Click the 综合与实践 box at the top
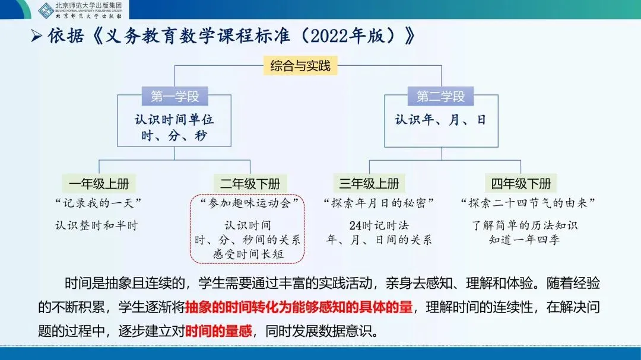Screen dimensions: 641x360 pos(300,66)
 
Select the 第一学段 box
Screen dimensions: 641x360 pos(174,96)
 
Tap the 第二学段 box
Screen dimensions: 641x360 pos(440,96)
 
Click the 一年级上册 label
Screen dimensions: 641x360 pos(99,183)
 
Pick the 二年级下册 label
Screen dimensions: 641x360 pos(249,183)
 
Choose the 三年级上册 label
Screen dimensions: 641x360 pos(369,183)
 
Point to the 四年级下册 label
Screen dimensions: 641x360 pos(521,183)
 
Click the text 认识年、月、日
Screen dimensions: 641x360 pos(440,120)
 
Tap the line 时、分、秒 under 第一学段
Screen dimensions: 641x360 pos(174,136)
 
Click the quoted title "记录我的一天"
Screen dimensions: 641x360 pos(99,203)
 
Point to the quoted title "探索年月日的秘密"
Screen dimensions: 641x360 pos(379,203)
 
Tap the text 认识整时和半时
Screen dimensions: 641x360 pos(96,225)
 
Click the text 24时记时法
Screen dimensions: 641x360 pos(379,225)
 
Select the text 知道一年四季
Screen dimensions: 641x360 pos(525,240)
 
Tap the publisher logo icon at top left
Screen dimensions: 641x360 pos(46,10)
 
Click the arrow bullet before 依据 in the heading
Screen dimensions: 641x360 pos(36,37)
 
